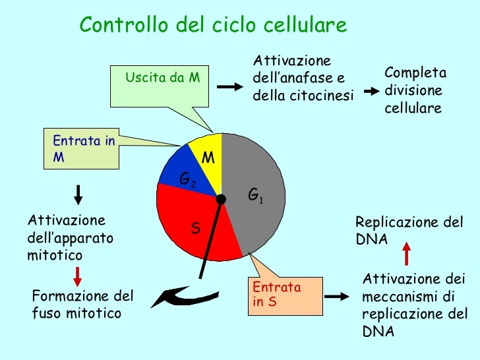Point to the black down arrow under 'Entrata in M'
pos(78,195)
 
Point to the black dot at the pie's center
pos(222,198)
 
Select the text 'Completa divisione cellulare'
pos(415,90)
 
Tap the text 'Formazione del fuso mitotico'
pos(82,304)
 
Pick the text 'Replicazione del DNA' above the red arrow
pos(409,230)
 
